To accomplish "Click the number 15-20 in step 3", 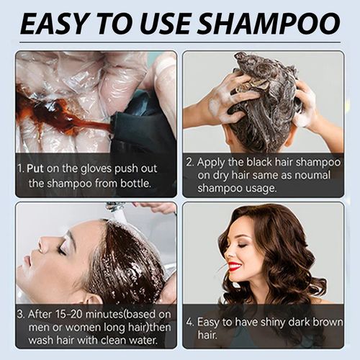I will point(75,315).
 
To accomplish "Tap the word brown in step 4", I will point(339,320).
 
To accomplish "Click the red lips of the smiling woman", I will point(234,266).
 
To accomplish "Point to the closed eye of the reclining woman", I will point(62,249).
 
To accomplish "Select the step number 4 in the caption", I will point(190,320).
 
